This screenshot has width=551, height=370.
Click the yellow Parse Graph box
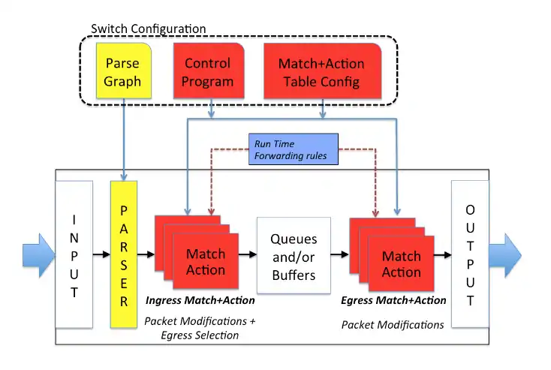[x=123, y=72]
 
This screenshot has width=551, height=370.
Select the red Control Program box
[x=208, y=72]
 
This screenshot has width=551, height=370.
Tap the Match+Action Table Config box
[x=321, y=72]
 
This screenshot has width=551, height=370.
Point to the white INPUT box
[x=74, y=254]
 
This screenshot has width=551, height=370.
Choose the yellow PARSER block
[x=125, y=254]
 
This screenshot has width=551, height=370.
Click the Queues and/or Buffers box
[x=294, y=257]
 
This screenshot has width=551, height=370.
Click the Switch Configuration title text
[x=148, y=29]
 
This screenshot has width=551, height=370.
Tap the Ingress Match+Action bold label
[x=199, y=301]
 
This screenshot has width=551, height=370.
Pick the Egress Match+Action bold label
[x=393, y=300]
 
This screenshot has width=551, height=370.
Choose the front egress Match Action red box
[x=401, y=263]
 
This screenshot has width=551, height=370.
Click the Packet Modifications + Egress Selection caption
[x=200, y=328]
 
